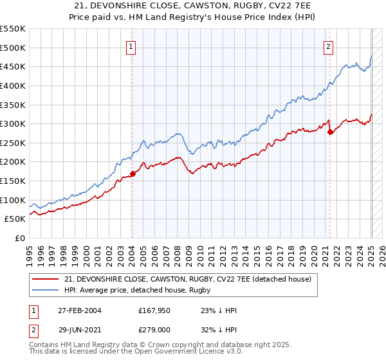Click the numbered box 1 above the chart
tap(131, 46)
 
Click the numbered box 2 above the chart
tap(329, 46)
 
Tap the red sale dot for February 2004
tap(133, 174)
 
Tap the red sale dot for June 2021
tap(331, 132)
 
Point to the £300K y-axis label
tap(12, 123)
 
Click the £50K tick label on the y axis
tap(15, 219)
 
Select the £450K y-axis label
tap(12, 66)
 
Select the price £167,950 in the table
tap(153, 310)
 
